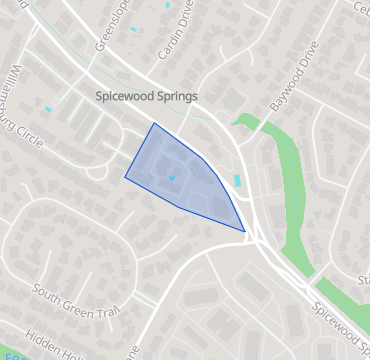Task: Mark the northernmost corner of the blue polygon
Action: pos(153,123)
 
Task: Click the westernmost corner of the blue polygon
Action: pos(125,177)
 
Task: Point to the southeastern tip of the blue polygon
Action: pos(245,232)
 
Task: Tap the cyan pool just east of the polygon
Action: pos(236,181)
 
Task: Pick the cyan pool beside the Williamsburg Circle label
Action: pos(47,108)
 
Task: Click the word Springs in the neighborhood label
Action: pos(172,97)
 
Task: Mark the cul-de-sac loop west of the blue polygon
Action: pos(97,172)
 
